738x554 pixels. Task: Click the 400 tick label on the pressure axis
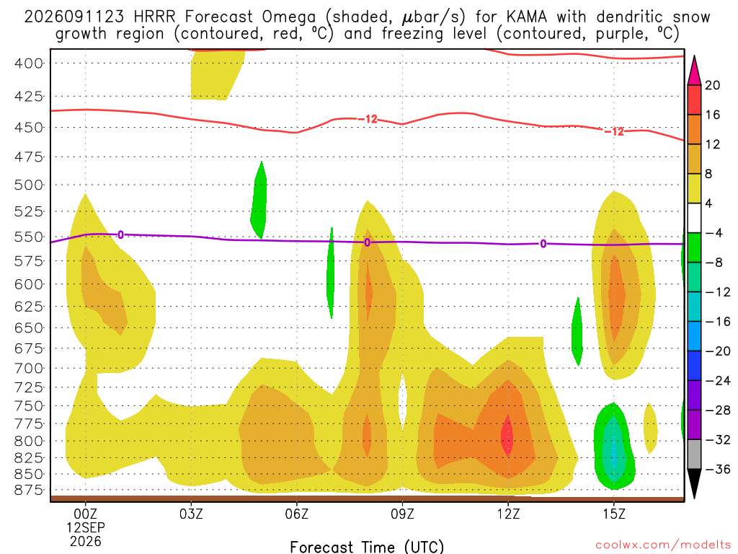[x=29, y=63]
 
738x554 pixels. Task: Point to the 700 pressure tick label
[x=29, y=369]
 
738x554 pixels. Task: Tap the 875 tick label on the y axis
[x=29, y=491]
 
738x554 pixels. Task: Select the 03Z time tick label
[x=191, y=514]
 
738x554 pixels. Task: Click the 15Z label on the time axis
[x=614, y=514]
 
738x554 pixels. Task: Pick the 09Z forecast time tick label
[x=402, y=514]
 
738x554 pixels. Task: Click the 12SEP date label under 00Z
[x=86, y=527]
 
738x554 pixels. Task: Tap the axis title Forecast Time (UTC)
[x=367, y=547]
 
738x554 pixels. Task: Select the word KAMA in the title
[x=527, y=17]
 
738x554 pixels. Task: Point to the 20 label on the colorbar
[x=713, y=85]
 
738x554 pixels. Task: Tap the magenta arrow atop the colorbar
[x=694, y=71]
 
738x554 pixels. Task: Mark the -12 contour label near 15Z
[x=614, y=131]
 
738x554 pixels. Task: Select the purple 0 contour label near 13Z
[x=543, y=244]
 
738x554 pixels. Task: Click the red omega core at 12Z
[x=507, y=435]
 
